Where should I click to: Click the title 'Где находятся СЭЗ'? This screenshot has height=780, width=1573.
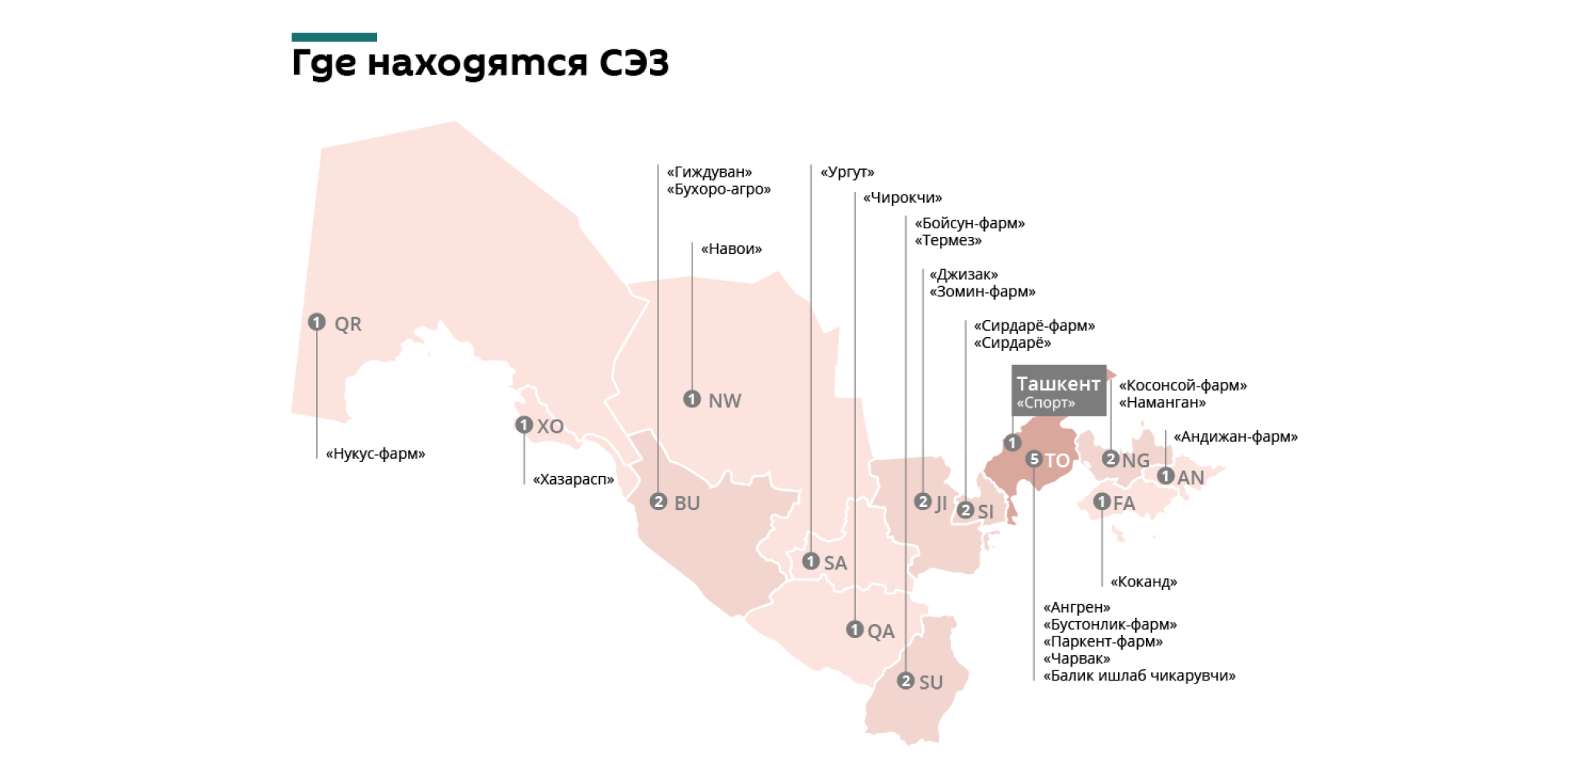tap(480, 63)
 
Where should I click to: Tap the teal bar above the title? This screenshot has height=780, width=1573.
tap(334, 37)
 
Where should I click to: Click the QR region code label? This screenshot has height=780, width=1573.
tap(348, 324)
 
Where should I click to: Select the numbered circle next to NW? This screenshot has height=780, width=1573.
tap(692, 399)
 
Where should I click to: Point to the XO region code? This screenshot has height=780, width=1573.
tap(551, 427)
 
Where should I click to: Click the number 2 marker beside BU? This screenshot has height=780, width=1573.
tap(658, 501)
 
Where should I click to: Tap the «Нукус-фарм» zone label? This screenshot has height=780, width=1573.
tap(376, 454)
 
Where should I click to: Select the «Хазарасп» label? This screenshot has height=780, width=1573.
tap(574, 479)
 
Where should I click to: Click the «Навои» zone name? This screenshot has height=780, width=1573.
tap(731, 248)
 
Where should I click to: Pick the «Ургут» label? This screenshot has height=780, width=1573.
tap(847, 172)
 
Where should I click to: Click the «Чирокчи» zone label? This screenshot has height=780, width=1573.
tap(902, 198)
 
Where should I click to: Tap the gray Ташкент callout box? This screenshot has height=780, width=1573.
tap(1058, 390)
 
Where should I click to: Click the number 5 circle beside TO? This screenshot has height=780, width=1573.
tap(1034, 459)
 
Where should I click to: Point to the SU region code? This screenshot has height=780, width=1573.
tap(931, 683)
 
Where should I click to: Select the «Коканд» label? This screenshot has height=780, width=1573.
tap(1144, 582)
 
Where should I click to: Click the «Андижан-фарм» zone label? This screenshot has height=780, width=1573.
tap(1235, 437)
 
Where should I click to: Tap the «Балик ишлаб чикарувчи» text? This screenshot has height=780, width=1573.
tap(1139, 676)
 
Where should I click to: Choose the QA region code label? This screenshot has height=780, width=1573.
tap(881, 632)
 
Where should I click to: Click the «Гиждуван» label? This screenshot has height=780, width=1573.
tap(709, 172)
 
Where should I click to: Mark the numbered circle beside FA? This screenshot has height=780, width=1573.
tap(1102, 501)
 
